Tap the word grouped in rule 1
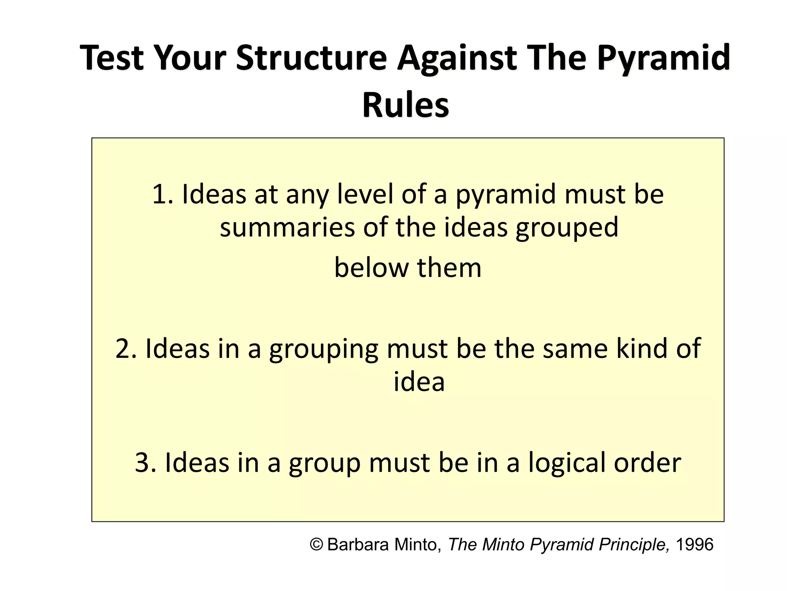click(x=567, y=227)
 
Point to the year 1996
click(x=694, y=544)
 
